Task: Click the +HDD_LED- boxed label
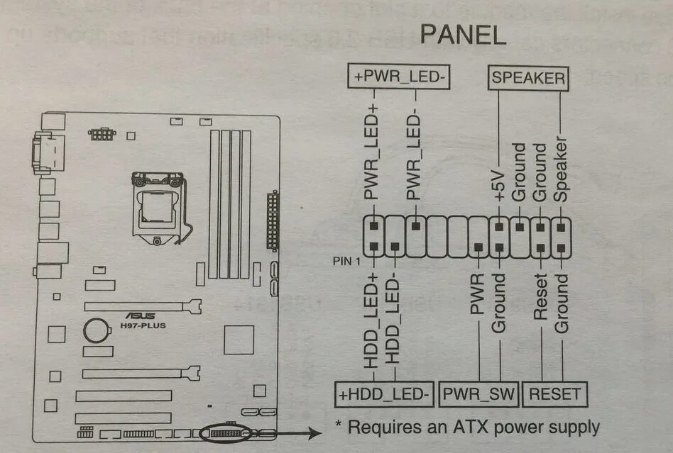pos(384,393)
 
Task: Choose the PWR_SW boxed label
pos(479,393)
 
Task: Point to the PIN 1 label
pos(348,261)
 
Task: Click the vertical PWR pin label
pos(477,293)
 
